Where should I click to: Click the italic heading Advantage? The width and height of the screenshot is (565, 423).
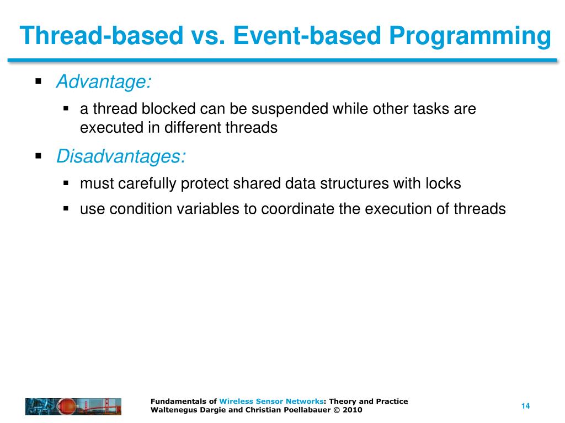point(104,82)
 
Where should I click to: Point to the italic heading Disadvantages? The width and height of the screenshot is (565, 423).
point(121,157)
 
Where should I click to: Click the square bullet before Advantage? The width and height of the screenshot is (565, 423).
point(39,82)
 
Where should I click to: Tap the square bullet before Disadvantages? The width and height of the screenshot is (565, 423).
point(39,156)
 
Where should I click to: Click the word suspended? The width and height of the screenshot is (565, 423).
point(285,109)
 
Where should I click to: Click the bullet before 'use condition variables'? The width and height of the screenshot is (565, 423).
point(66,209)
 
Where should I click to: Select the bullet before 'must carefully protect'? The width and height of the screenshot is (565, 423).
point(66,183)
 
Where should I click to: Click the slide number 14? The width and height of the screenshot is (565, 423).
point(525,406)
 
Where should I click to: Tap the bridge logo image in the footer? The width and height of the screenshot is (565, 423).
point(73,406)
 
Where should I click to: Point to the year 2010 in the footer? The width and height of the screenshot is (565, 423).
point(352,410)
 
